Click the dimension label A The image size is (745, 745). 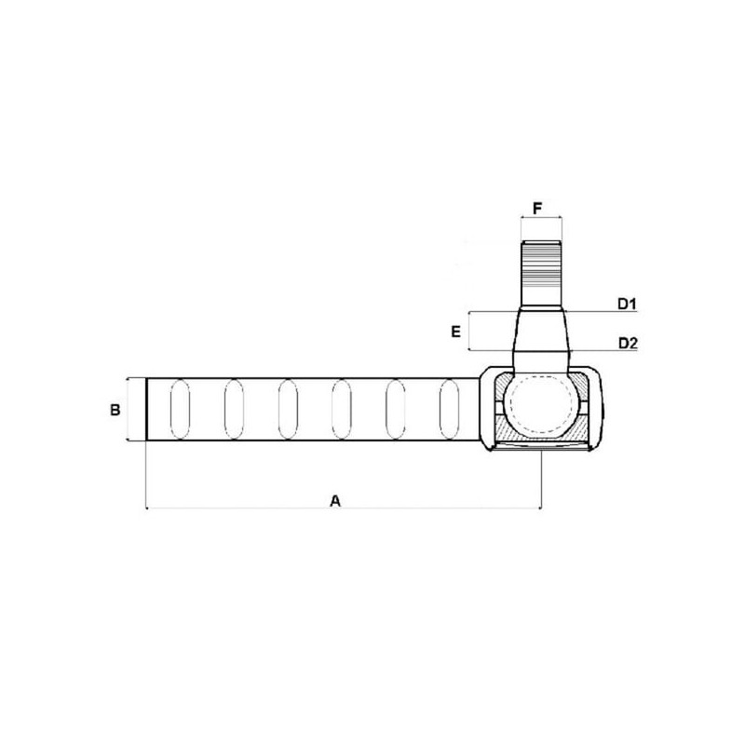pyautogui.click(x=335, y=501)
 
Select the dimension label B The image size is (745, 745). pyautogui.click(x=115, y=409)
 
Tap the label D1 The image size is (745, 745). pyautogui.click(x=627, y=304)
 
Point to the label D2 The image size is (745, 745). pyautogui.click(x=628, y=343)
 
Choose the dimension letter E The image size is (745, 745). pyautogui.click(x=455, y=332)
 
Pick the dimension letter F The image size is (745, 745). pyautogui.click(x=537, y=208)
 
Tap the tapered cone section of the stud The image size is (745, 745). pyautogui.click(x=542, y=332)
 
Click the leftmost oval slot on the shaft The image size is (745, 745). pyautogui.click(x=180, y=409)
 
